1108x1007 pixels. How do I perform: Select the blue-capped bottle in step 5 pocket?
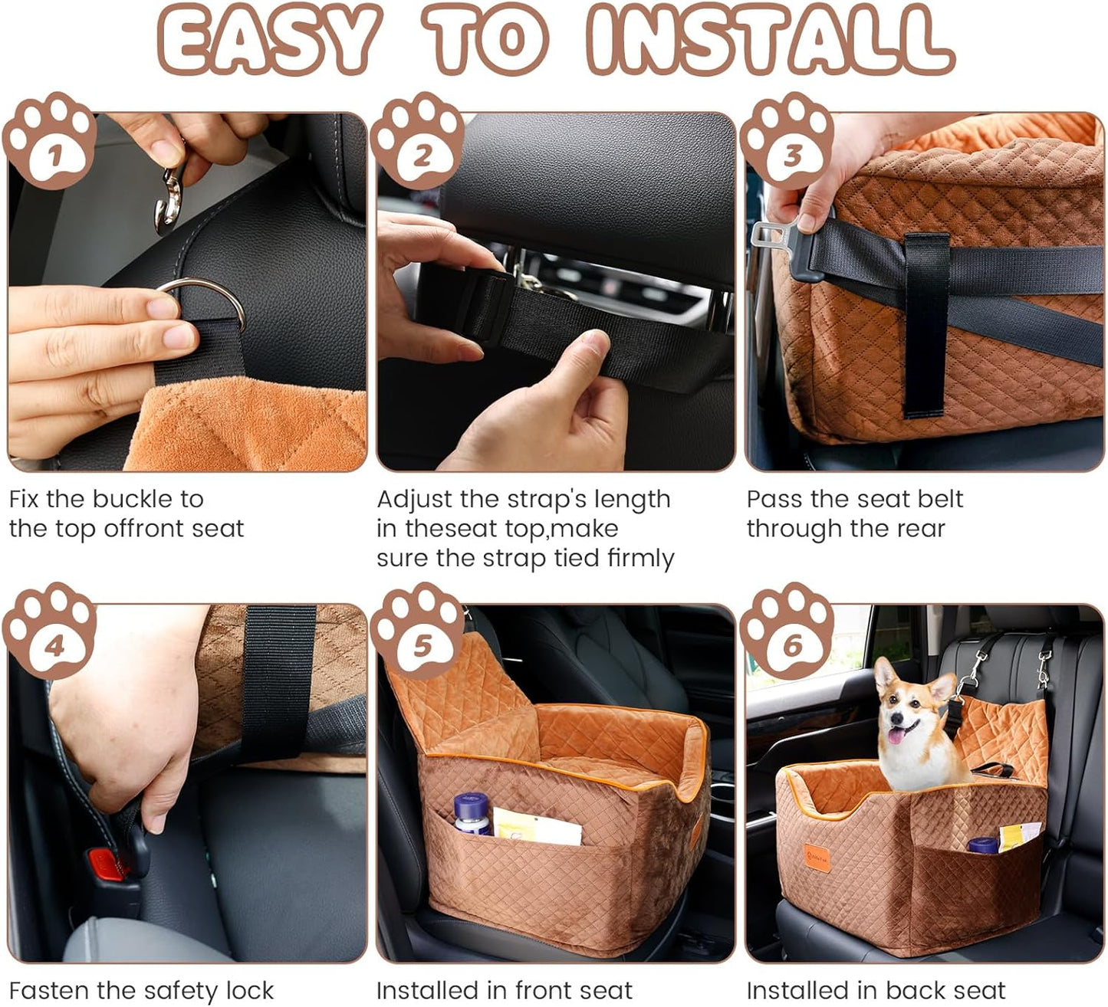(471, 813)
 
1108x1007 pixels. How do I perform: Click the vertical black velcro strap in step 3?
(926, 322)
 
